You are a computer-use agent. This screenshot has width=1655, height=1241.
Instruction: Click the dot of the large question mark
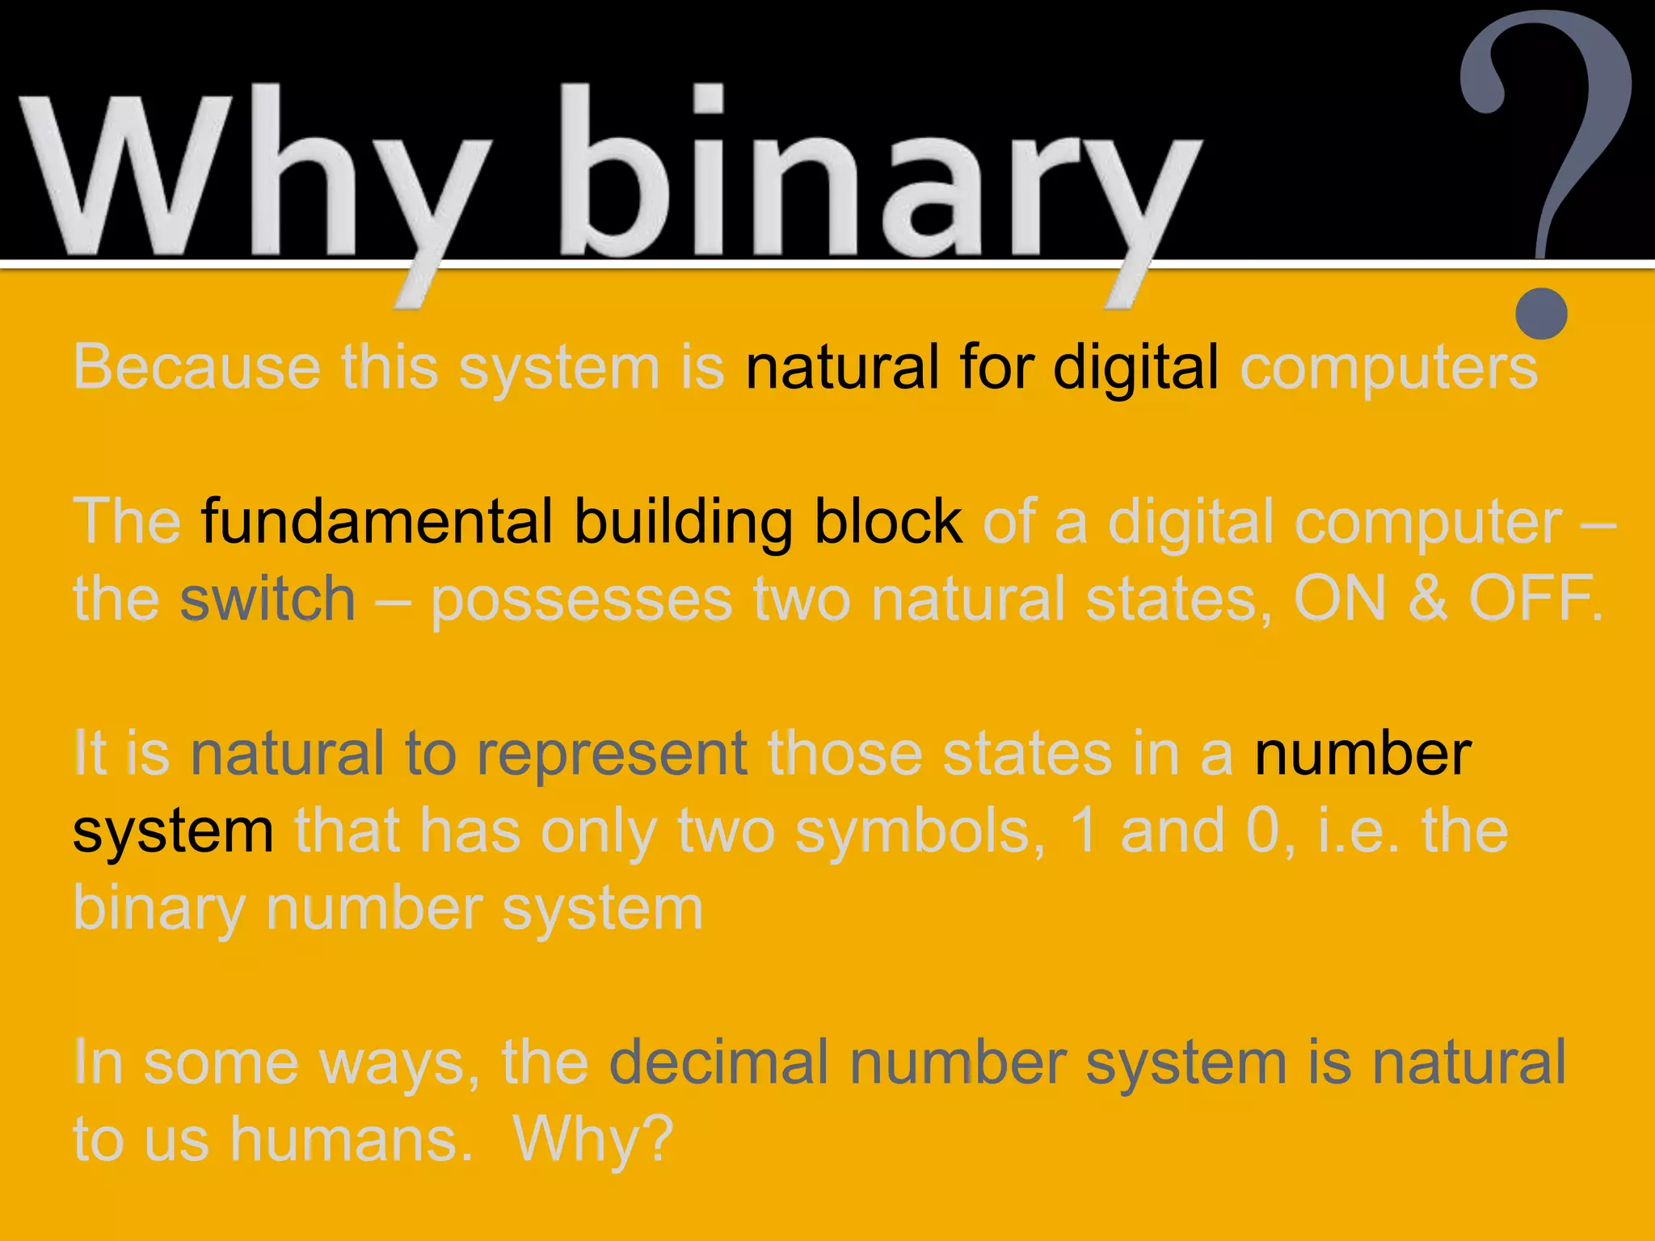click(1541, 313)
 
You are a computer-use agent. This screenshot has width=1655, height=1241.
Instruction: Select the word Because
click(197, 368)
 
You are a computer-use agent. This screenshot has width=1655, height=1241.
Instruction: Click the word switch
click(267, 599)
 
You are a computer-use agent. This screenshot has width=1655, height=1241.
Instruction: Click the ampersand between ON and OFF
click(1427, 599)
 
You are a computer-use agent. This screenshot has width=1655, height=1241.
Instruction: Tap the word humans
click(352, 1140)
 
